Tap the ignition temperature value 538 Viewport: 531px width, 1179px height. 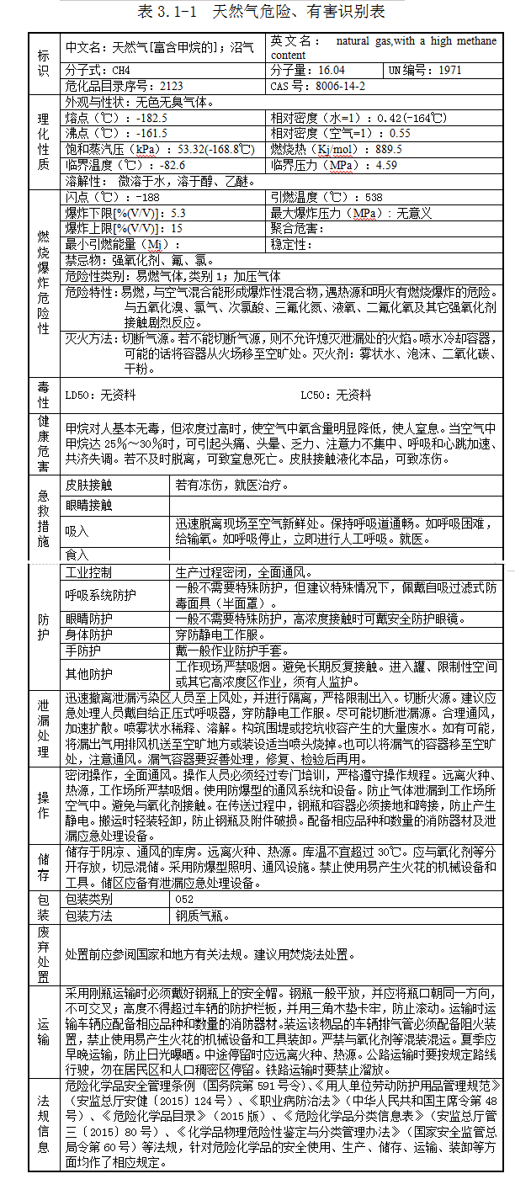pyautogui.click(x=374, y=197)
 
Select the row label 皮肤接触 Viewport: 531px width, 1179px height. pyautogui.click(x=88, y=486)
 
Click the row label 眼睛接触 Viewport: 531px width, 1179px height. pyautogui.click(x=88, y=505)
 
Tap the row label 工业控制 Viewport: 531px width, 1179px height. pyautogui.click(x=88, y=572)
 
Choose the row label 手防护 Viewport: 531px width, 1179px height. pyautogui.click(x=82, y=651)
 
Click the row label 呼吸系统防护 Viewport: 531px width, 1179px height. pyautogui.click(x=100, y=595)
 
